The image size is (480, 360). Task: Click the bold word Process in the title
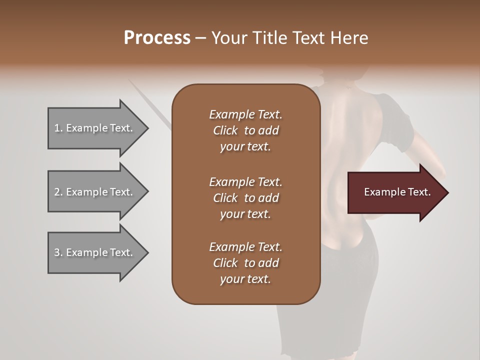click(157, 38)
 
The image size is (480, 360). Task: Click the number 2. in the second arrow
click(58, 192)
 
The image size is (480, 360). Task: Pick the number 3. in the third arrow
click(58, 252)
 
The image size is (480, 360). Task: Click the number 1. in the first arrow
click(58, 128)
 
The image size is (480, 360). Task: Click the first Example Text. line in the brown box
click(245, 114)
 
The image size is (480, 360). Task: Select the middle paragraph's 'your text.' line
click(245, 214)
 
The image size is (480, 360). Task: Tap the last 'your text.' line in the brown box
click(245, 279)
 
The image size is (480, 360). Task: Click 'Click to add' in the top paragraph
click(245, 130)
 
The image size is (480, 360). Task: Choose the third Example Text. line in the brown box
click(245, 247)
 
